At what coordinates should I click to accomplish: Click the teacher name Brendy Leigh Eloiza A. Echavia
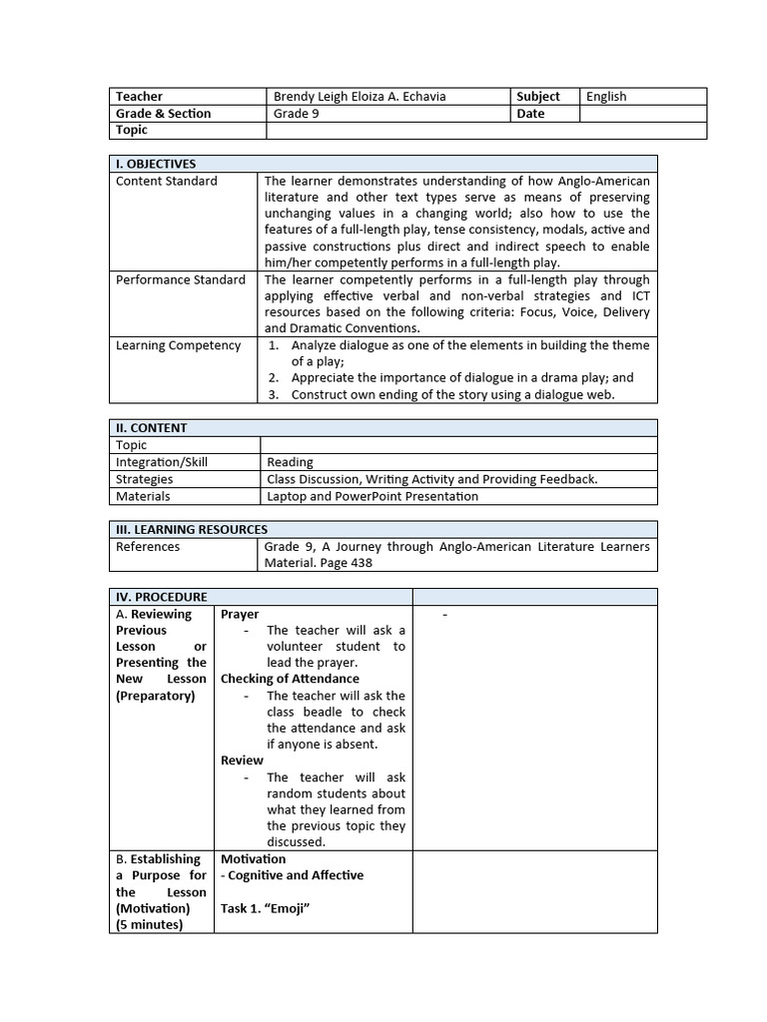tap(360, 97)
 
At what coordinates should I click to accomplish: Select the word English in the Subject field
tap(606, 97)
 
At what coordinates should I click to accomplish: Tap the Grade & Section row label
tap(163, 114)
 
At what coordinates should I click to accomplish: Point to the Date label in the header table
tap(530, 114)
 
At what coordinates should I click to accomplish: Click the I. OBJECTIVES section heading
tap(156, 164)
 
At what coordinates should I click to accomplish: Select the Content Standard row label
tap(166, 181)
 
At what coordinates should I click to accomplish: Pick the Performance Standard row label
tap(180, 279)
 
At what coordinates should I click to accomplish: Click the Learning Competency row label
tap(178, 345)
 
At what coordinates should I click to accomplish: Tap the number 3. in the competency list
tap(273, 394)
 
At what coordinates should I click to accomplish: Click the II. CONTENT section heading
tap(151, 428)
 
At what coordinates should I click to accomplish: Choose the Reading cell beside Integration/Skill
tap(290, 462)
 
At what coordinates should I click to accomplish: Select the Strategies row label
tap(144, 479)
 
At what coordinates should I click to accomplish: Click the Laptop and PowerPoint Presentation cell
tap(373, 496)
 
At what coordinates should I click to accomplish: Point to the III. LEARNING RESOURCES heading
tap(192, 530)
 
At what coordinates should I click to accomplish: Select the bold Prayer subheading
tap(240, 615)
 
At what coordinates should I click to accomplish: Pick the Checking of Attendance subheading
tap(290, 679)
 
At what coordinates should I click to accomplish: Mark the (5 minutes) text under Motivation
tap(149, 924)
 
